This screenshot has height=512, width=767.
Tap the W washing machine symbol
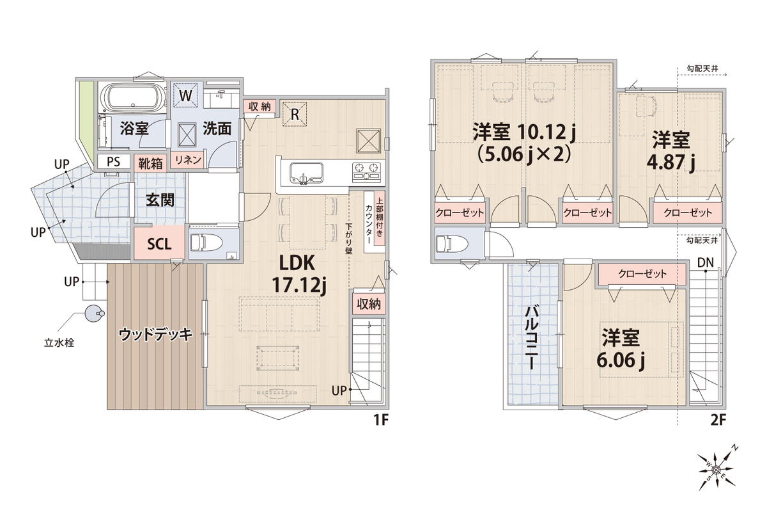coord(185,95)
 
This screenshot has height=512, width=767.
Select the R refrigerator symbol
coord(295,114)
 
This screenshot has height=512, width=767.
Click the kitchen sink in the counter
coord(306,173)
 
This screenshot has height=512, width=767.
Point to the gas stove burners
coord(366,172)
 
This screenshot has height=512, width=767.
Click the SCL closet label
coord(159,244)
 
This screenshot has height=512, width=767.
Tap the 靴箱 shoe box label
coord(150,164)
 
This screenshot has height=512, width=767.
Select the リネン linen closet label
coord(188,160)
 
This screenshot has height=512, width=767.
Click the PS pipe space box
coord(114,161)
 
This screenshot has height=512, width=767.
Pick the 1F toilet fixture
coord(205,243)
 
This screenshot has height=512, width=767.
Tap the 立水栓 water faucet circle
coord(94,314)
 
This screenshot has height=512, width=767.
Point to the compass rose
coord(717,470)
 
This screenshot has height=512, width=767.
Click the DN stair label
coord(706,263)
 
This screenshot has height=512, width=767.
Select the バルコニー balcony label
coord(531,337)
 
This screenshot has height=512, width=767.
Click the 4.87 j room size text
coord(670,162)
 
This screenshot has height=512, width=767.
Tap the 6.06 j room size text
coord(621,360)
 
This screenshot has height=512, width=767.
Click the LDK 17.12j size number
coord(298,285)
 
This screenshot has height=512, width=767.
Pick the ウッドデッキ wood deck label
coord(155,334)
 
